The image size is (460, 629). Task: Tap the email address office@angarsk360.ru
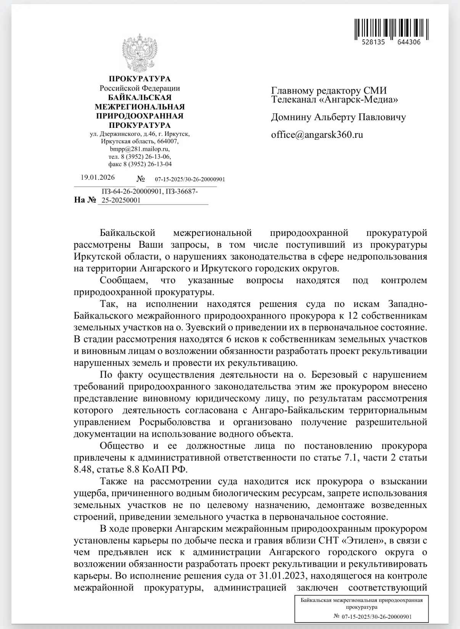coord(317,135)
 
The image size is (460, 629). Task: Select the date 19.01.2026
coord(98,177)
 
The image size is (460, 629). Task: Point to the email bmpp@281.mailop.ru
coord(140,149)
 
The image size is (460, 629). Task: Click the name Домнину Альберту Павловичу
coord(338,117)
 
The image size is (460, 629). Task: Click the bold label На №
coord(85,200)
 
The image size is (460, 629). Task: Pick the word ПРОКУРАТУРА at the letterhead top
coord(140,79)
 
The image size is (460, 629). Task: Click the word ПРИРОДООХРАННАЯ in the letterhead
coord(140,116)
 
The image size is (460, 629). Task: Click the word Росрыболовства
coord(175,422)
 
